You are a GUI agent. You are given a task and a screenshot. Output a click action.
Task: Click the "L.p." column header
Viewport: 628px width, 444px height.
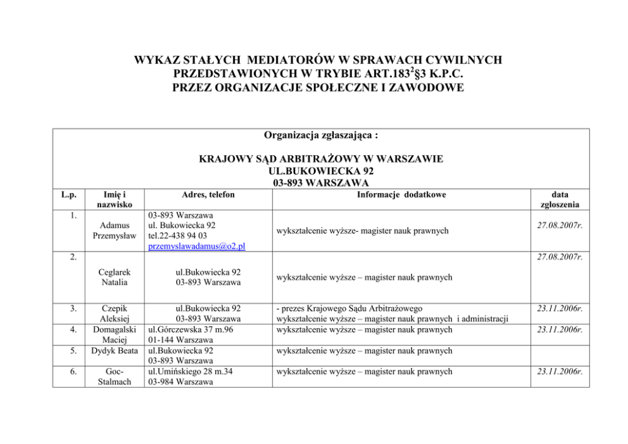(x=75, y=195)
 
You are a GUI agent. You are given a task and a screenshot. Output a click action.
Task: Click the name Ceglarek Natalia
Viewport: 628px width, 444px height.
(x=114, y=277)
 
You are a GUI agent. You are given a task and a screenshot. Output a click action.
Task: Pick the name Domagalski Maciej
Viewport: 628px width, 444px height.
(x=115, y=334)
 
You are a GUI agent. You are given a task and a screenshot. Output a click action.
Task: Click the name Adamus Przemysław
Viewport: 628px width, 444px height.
(x=115, y=231)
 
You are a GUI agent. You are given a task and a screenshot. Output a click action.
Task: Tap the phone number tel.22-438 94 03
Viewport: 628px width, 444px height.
(x=177, y=236)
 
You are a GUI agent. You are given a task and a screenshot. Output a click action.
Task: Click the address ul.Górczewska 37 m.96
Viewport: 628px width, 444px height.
(x=189, y=329)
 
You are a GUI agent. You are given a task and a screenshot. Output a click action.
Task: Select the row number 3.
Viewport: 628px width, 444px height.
(x=75, y=308)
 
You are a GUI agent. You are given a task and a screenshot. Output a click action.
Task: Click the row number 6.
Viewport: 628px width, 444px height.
(x=75, y=371)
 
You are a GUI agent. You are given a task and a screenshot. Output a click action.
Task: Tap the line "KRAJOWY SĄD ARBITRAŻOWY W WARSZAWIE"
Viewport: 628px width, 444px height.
(x=321, y=158)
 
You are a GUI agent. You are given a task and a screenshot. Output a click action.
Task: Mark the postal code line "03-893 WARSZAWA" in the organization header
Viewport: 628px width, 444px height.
(x=321, y=183)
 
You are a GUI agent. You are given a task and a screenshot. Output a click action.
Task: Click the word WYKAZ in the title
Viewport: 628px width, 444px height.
(x=153, y=60)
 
